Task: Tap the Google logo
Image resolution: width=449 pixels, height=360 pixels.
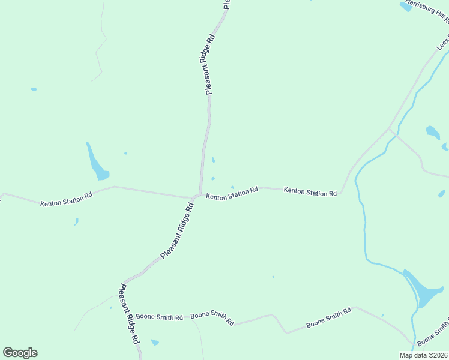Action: coord(20,353)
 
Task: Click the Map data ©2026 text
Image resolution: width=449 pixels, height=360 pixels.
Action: coord(423,355)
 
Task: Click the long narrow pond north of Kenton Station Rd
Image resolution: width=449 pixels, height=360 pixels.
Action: coord(97,163)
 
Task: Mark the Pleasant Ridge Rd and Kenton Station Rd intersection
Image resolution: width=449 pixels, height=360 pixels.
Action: coord(195,196)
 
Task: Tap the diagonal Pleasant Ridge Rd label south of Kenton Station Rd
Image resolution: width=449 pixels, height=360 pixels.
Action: coord(177,231)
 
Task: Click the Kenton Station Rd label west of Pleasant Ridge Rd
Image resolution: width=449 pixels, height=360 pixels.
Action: coord(66,200)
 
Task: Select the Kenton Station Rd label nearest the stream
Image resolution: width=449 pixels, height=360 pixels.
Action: coord(310,192)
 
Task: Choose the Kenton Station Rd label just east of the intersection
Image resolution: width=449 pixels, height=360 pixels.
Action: coord(232,193)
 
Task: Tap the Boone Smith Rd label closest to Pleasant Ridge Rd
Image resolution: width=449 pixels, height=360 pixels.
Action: coord(159,316)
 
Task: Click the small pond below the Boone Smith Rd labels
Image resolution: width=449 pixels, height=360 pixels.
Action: coord(155,343)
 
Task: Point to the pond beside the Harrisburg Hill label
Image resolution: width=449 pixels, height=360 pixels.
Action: coord(405,6)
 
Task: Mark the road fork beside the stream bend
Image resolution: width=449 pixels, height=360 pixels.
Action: coord(390,129)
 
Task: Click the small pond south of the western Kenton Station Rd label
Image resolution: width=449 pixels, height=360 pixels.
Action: coord(76,221)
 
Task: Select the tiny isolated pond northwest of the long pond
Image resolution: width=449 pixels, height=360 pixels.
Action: coord(34,89)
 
